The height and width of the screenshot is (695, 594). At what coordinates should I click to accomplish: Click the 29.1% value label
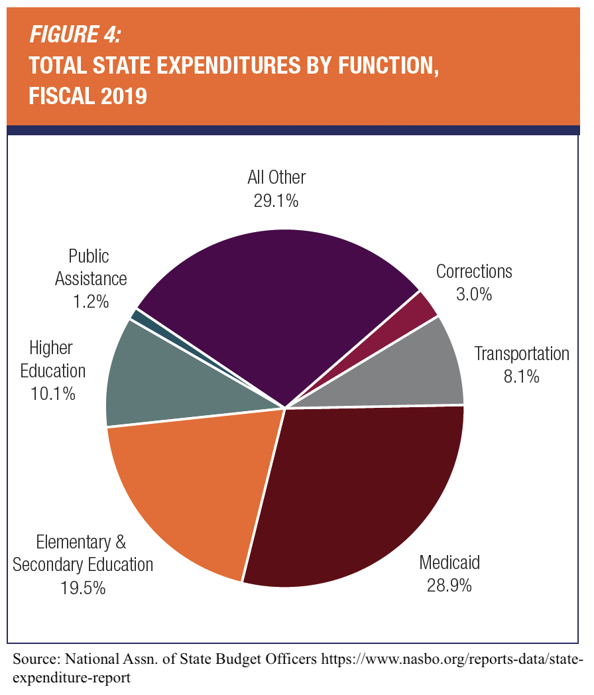pos(276,201)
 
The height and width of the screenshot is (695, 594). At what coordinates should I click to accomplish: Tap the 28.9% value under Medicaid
pos(449,586)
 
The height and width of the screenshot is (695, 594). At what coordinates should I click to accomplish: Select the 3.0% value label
pos(474,294)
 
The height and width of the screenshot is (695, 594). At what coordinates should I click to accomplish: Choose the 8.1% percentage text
pos(521,377)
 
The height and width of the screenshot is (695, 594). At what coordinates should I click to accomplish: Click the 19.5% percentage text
pos(83,588)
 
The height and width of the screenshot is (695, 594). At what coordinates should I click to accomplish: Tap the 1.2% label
pos(91,302)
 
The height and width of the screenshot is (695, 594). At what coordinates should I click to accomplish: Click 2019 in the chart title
pos(124,97)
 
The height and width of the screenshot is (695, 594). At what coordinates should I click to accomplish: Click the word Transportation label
pos(521,353)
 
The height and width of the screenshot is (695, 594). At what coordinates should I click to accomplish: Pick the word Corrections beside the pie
pos(474,271)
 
